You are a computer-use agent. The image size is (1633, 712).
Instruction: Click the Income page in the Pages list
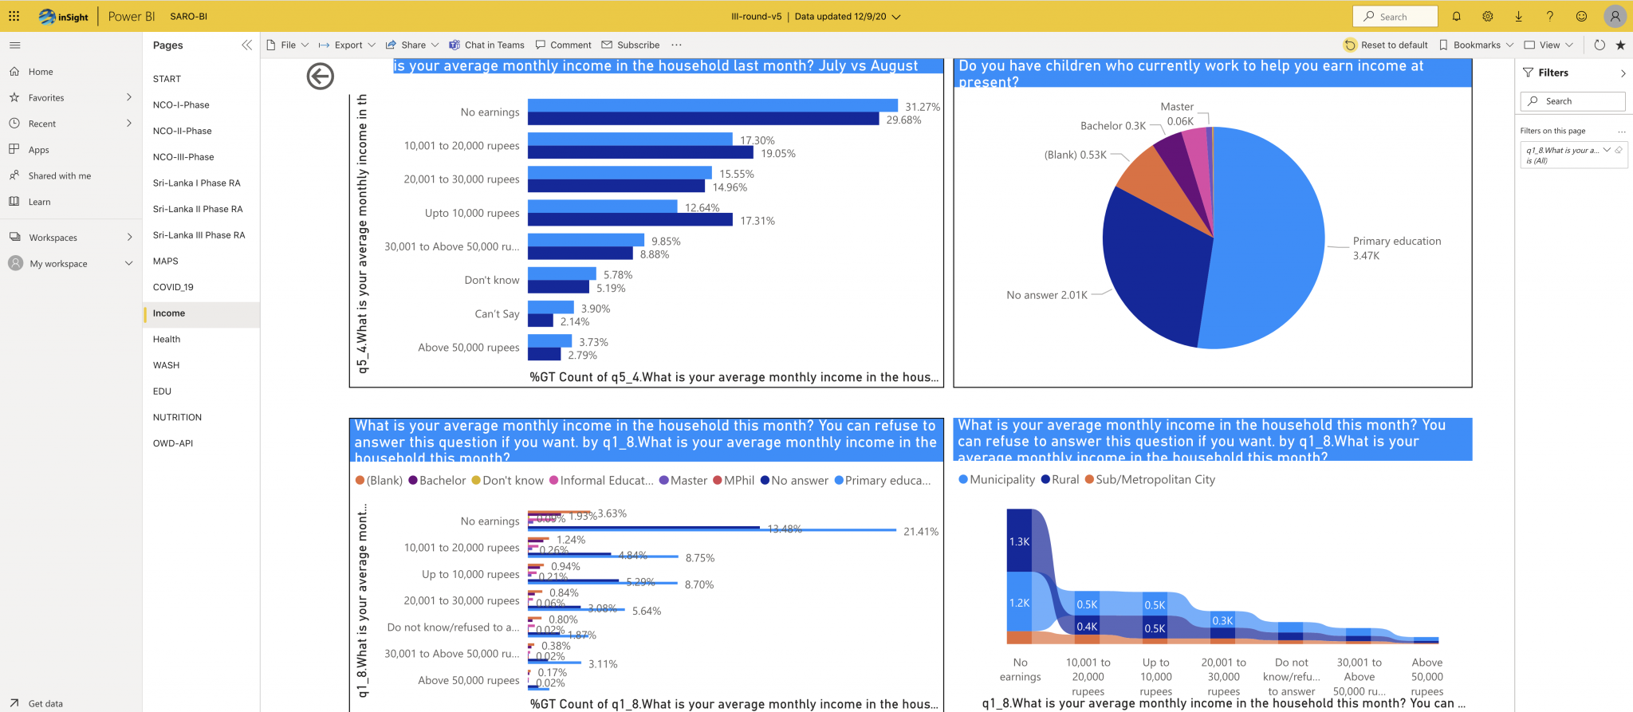point(169,313)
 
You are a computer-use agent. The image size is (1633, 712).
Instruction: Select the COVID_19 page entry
point(173,287)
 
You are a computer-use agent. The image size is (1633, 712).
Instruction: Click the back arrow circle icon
point(320,77)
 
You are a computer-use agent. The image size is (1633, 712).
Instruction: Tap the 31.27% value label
point(922,107)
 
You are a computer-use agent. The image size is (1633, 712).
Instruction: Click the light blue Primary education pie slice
point(1268,239)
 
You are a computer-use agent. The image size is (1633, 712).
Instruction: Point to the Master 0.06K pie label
point(1179,114)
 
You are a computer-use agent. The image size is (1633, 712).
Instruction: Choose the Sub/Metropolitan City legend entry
point(1155,479)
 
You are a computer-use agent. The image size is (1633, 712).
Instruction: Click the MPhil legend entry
point(738,480)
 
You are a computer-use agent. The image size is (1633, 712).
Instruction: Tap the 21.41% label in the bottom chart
point(920,532)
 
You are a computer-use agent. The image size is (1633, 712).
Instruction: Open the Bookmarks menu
point(1476,45)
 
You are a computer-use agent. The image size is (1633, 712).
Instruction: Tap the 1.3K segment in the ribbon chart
point(1019,542)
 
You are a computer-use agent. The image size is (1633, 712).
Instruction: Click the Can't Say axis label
point(497,314)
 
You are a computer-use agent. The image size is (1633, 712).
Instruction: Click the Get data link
point(45,703)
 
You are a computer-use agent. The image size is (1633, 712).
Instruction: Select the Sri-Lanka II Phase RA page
point(198,209)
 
